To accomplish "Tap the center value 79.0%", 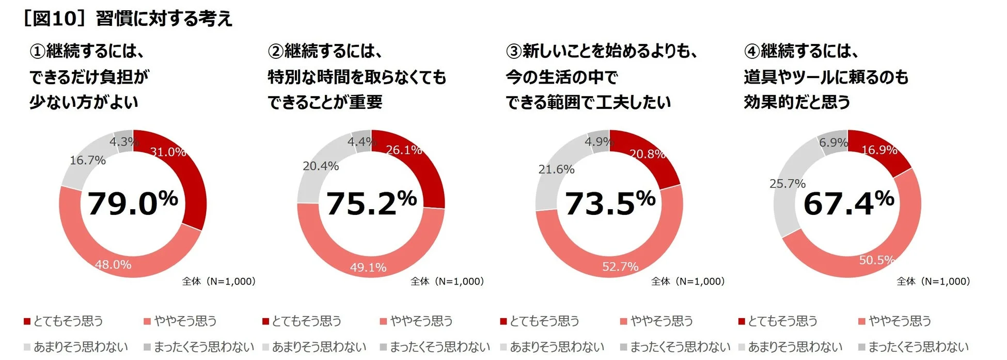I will [133, 203].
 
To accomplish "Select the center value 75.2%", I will [371, 203].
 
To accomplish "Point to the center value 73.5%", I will [609, 203].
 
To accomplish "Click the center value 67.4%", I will [848, 203].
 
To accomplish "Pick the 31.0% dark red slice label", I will [168, 152].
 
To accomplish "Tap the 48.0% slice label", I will [113, 264].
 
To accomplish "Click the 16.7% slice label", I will [88, 160].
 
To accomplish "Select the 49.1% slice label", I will [368, 267].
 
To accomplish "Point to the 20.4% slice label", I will [321, 166].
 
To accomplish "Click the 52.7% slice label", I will [620, 267].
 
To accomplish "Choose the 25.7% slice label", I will [788, 183].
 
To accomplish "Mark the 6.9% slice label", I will [833, 142].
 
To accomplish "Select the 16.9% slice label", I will [879, 150].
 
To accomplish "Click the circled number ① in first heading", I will [38, 52].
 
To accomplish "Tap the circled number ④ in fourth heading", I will [752, 52].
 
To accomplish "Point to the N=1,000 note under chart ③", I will [688, 281].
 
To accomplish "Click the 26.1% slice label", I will [404, 150].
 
